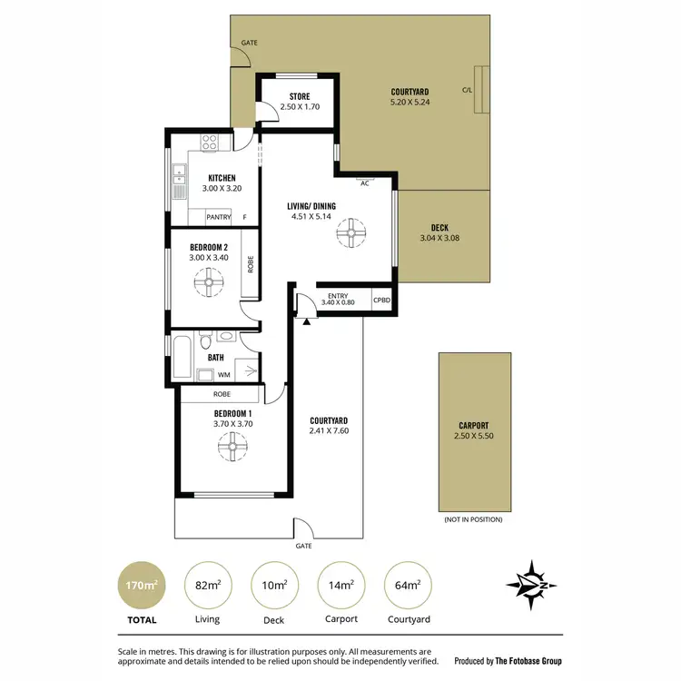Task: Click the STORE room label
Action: [x=300, y=96]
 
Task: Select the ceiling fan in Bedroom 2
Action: [x=208, y=286]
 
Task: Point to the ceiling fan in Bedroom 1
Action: [x=233, y=446]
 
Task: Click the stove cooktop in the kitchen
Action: [x=209, y=143]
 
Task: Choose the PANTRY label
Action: [x=218, y=217]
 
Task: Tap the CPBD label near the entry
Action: [x=382, y=301]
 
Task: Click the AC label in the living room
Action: [x=364, y=183]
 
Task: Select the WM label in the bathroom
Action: [x=223, y=374]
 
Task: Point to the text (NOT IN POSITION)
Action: [x=473, y=519]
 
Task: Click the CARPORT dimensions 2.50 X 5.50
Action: [x=473, y=437]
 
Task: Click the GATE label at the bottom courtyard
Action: [x=303, y=547]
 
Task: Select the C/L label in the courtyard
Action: [x=467, y=90]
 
